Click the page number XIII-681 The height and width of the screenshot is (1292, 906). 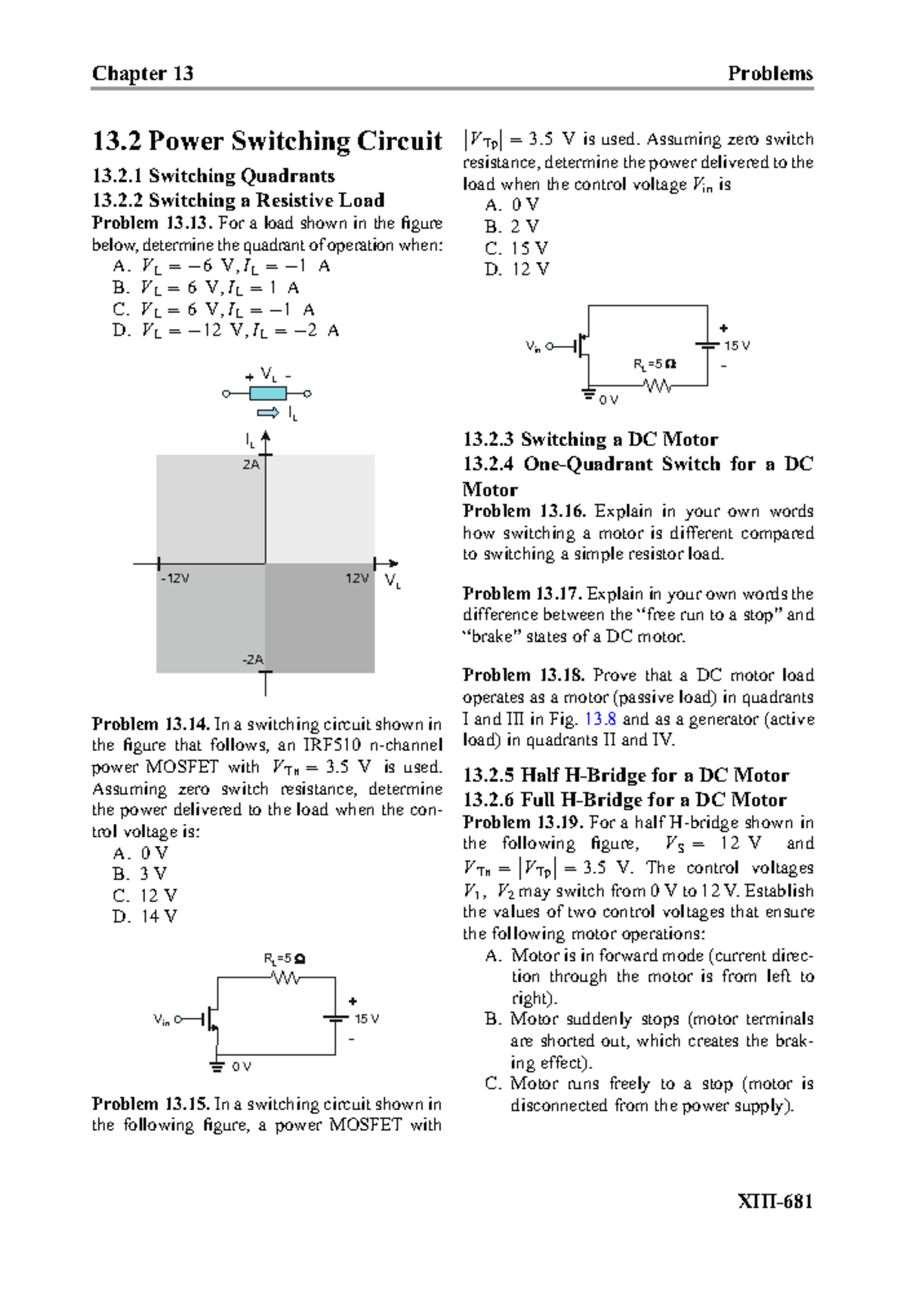[775, 1201]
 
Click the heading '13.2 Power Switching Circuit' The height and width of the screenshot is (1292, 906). [267, 141]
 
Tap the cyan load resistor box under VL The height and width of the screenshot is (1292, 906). [267, 393]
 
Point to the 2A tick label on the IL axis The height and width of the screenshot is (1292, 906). [251, 465]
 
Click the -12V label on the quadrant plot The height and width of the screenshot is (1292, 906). [175, 579]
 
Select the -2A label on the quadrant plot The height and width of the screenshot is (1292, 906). [253, 660]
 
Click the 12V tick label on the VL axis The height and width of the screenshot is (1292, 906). [357, 579]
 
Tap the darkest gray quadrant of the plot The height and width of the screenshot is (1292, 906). [320, 617]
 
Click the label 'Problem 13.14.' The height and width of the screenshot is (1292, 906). [150, 724]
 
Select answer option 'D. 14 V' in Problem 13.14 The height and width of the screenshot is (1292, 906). [146, 917]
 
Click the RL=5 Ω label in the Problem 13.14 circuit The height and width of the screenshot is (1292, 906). [284, 959]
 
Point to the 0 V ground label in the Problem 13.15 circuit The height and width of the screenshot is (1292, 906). [609, 400]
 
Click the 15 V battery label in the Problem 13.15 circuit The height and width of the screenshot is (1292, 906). [737, 346]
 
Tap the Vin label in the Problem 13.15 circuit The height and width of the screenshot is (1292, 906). [533, 347]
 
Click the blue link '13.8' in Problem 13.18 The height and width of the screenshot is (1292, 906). [600, 719]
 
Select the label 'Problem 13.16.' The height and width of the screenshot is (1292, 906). [524, 511]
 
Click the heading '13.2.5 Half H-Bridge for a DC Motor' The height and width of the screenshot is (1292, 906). [626, 776]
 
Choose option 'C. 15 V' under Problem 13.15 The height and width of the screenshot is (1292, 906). [517, 248]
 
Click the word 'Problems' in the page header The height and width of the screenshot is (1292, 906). [769, 73]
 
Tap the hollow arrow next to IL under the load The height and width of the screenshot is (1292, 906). [268, 413]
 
